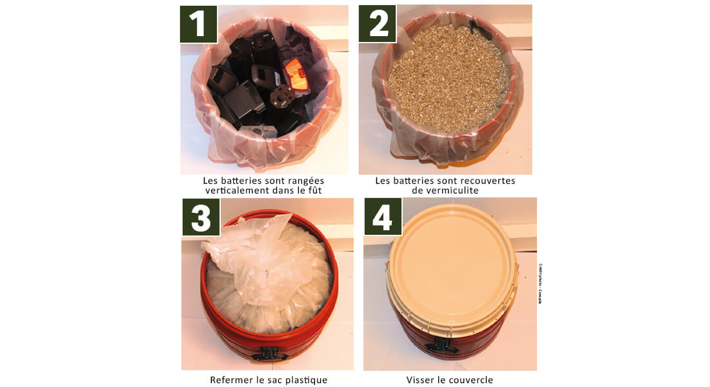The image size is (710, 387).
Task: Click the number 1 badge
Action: point(198,24)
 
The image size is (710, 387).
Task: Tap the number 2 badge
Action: point(378,24)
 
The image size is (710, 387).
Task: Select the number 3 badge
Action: point(201,217)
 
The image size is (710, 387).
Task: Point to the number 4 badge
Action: point(383,217)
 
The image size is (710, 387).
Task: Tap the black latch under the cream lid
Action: point(443,346)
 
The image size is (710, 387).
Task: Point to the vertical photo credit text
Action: point(540,284)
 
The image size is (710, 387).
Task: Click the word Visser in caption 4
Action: point(421,380)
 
